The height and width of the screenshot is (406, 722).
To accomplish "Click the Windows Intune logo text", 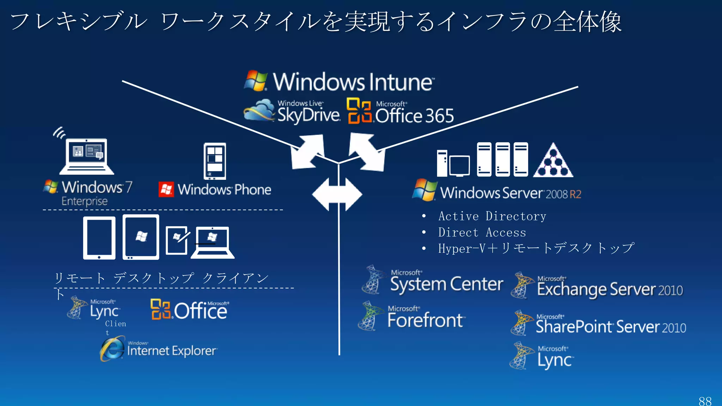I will [353, 82].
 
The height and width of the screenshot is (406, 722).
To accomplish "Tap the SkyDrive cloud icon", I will [259, 110].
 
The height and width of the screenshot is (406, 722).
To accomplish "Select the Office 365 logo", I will [400, 112].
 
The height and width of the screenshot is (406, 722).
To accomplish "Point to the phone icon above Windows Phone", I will [215, 161].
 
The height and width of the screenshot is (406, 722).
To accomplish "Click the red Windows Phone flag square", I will [166, 190].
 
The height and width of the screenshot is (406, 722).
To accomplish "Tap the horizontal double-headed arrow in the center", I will [337, 195].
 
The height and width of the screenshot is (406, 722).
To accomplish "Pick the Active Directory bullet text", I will [492, 216].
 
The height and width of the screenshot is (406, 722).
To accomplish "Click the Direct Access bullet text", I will [482, 233].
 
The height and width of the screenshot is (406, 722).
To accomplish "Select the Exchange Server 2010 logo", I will [598, 286].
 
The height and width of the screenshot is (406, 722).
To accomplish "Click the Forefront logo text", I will [425, 320].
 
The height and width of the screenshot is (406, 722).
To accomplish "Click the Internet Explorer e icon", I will [112, 349].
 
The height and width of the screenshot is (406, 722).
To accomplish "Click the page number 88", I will [705, 401].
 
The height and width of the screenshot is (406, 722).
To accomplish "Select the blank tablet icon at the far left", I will [99, 238].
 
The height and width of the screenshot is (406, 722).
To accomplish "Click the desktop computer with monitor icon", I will [453, 164].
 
